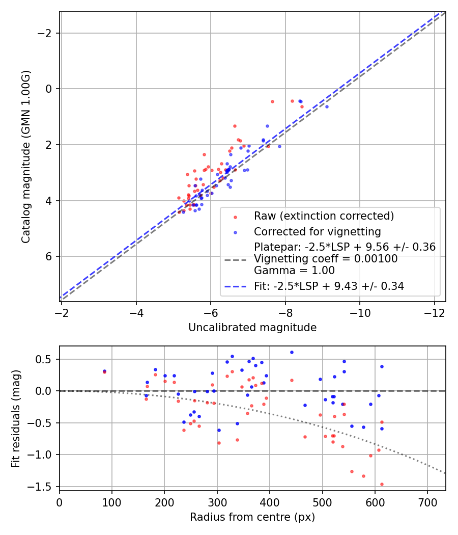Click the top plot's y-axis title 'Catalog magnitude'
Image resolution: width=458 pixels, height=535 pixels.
pyautogui.click(x=26, y=156)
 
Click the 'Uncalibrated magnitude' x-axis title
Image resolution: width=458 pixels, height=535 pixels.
pyautogui.click(x=252, y=328)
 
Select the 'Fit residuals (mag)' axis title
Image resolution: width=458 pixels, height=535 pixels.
pyautogui.click(x=16, y=418)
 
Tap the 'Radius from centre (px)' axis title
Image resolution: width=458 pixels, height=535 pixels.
pyautogui.click(x=252, y=517)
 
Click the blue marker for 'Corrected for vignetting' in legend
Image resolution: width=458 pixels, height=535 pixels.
pyautogui.click(x=235, y=232)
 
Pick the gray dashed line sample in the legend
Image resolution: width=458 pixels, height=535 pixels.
pyautogui.click(x=235, y=259)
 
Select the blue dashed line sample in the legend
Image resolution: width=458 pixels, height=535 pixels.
pyautogui.click(x=235, y=287)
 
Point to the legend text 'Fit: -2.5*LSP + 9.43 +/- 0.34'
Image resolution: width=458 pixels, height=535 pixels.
pyautogui.click(x=329, y=286)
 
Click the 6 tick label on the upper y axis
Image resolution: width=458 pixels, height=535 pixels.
pyautogui.click(x=49, y=256)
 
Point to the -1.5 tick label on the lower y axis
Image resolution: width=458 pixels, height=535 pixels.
pyautogui.click(x=42, y=486)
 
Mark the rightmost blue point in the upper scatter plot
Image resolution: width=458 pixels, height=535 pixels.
pyautogui.click(x=327, y=106)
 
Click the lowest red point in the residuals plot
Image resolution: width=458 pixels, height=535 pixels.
pyautogui.click(x=382, y=484)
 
